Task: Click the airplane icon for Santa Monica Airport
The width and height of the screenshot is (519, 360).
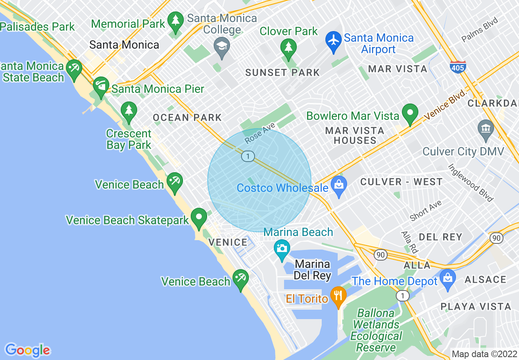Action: click(x=334, y=42)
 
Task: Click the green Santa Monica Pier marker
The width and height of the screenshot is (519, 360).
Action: click(x=101, y=86)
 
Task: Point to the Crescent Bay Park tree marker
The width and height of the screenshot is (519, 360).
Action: click(x=129, y=111)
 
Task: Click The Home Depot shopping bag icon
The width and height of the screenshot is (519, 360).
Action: click(x=448, y=279)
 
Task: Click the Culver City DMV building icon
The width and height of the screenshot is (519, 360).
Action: click(x=486, y=129)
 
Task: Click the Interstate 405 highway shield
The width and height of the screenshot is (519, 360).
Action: click(x=458, y=66)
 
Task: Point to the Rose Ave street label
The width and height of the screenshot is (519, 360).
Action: click(x=260, y=134)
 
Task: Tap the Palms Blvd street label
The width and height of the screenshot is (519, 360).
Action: click(x=480, y=30)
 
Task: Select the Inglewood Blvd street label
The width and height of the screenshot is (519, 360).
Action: click(x=471, y=183)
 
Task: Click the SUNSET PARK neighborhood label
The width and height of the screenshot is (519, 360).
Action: click(x=282, y=73)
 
